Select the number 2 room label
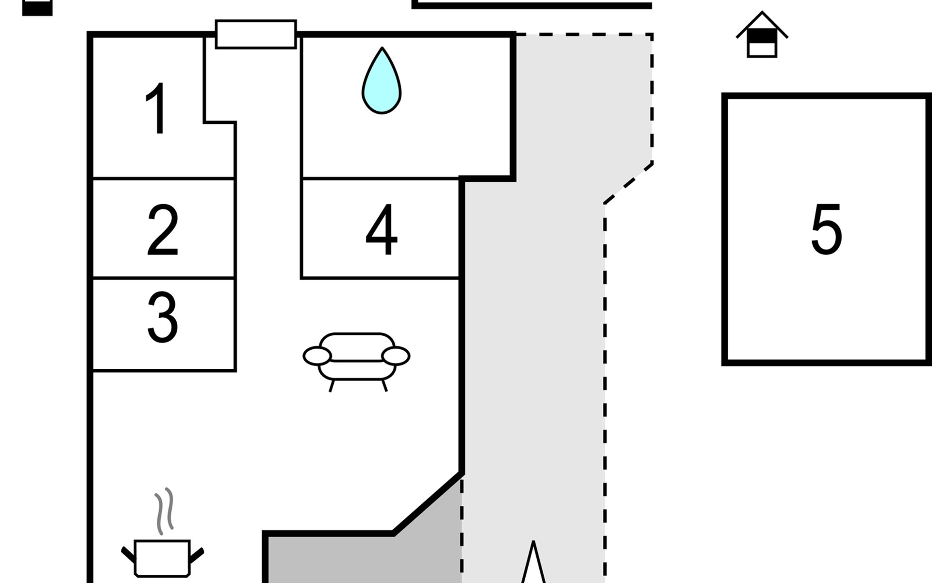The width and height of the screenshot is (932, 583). [x=163, y=230]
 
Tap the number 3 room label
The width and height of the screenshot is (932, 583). [x=163, y=317]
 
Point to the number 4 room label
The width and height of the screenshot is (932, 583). [x=382, y=229]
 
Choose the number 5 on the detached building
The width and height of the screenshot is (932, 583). [x=826, y=229]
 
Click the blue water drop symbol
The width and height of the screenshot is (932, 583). [x=382, y=83]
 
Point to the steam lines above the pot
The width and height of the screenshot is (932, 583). [x=164, y=510]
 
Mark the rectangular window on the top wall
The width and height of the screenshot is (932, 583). [x=256, y=34]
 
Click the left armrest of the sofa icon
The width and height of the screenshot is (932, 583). [x=317, y=356]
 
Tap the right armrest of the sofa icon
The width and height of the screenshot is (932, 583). [x=396, y=356]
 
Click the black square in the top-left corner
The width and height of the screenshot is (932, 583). [x=37, y=7]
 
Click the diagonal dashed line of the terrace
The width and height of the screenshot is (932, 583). [x=628, y=183]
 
